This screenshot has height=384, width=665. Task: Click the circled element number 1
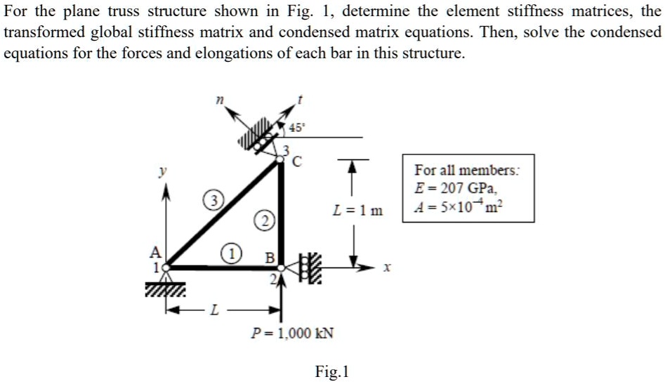[230, 252]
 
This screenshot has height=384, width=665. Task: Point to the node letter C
[297, 162]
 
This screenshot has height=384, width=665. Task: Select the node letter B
[270, 257]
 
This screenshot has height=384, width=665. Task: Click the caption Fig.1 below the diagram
[332, 371]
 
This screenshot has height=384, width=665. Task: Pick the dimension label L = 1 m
[358, 210]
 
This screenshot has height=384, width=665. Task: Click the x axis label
[386, 268]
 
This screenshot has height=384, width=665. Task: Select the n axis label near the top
[219, 102]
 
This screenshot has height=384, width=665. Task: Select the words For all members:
[468, 171]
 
